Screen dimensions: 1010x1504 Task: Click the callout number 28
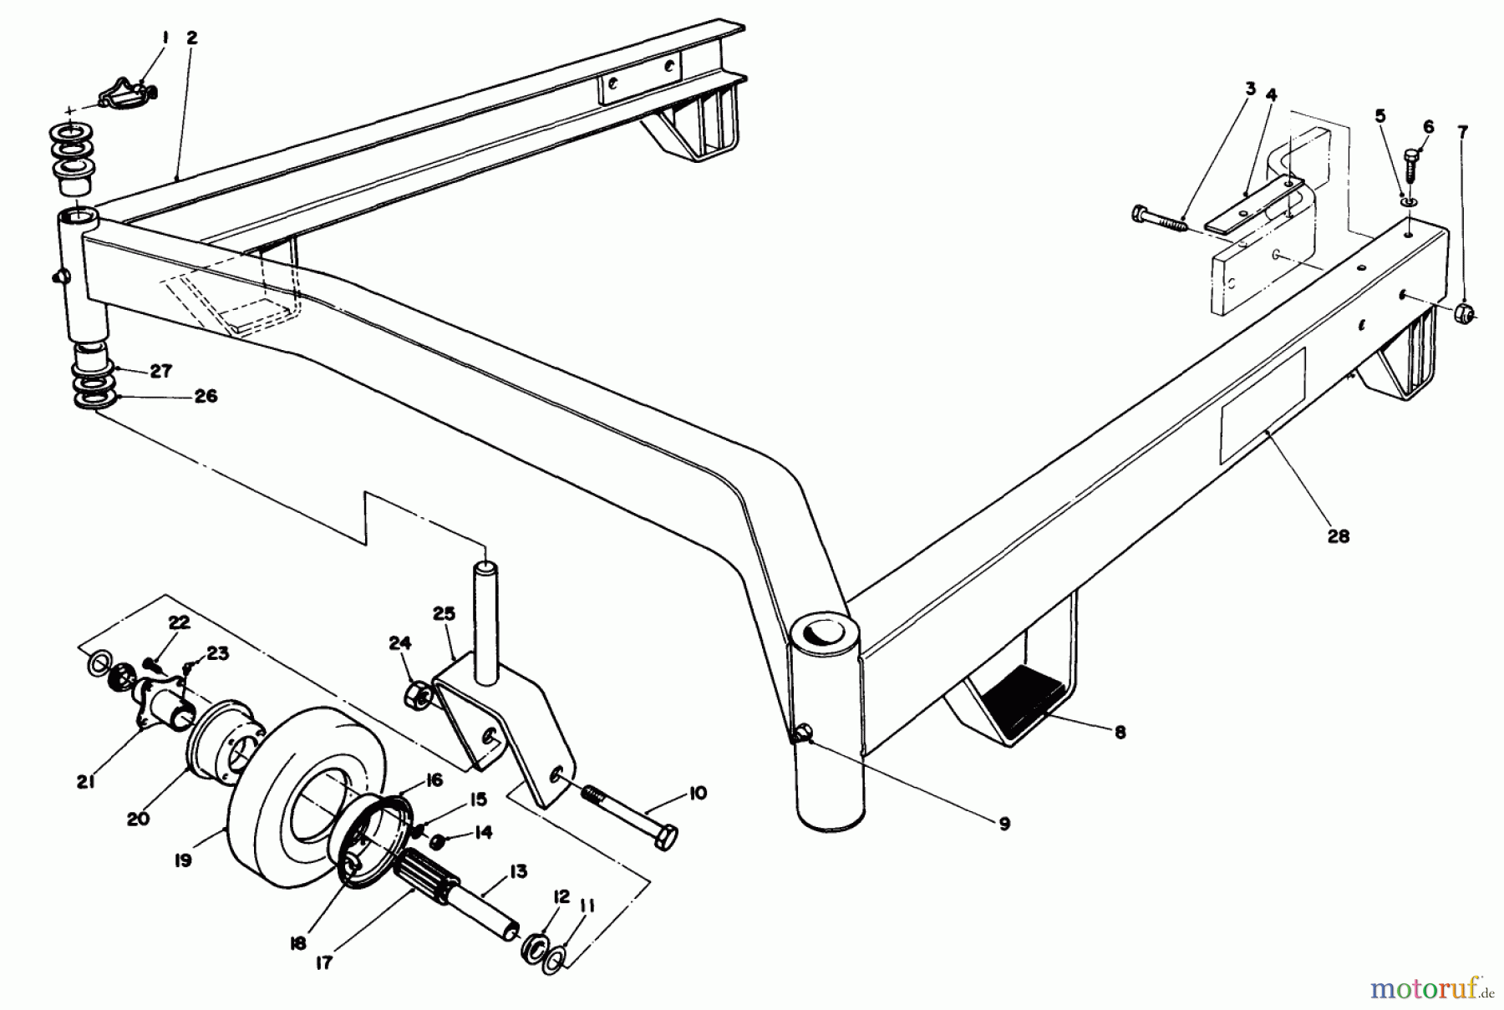[x=1338, y=536]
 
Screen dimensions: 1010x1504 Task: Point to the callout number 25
[x=444, y=614]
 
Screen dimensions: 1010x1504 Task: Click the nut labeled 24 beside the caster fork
[x=417, y=694]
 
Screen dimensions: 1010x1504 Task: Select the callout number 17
[x=324, y=963]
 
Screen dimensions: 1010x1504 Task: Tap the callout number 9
[x=1004, y=823]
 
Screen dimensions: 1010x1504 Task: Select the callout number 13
[x=517, y=872]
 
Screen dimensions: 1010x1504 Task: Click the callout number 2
[x=192, y=38]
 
